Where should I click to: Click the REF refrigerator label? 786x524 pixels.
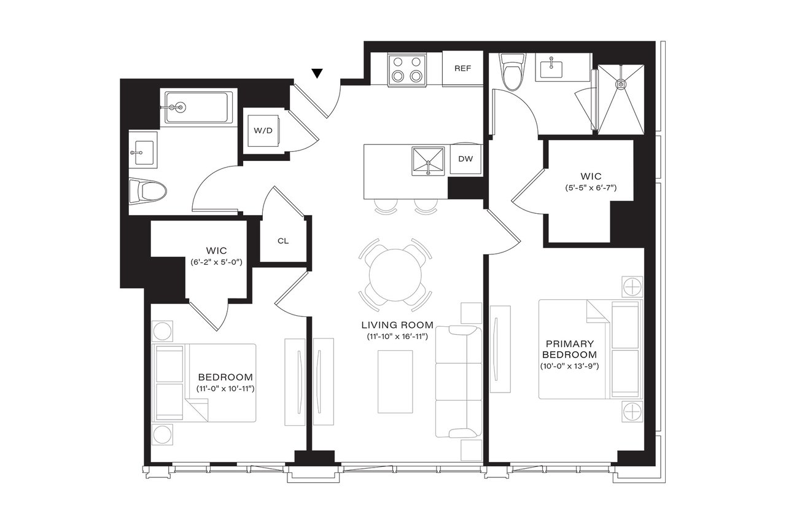462,68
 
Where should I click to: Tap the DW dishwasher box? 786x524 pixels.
465,159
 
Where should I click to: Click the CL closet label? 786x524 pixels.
282,241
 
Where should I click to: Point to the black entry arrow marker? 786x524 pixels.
317,74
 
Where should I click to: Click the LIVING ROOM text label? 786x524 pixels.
397,325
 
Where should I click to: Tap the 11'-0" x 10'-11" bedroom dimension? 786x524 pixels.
225,389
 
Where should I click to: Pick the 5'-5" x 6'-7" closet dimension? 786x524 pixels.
590,187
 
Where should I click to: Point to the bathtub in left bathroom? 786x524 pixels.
197,108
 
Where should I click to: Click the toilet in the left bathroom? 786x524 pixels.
150,191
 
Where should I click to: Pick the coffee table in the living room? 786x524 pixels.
395,381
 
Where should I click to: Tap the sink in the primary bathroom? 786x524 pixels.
552,67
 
